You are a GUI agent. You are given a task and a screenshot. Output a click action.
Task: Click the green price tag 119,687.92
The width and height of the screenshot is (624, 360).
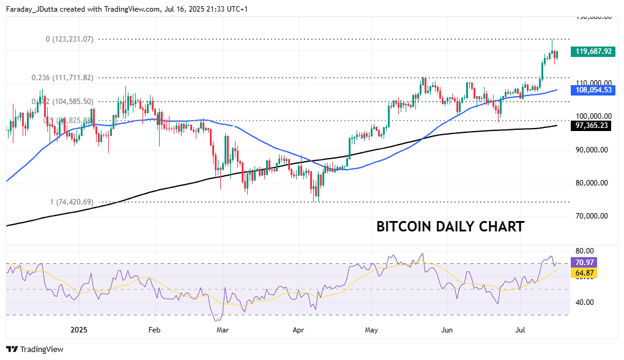[x=593, y=51]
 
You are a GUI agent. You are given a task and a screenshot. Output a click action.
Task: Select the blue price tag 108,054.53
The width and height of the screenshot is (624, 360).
[x=593, y=90]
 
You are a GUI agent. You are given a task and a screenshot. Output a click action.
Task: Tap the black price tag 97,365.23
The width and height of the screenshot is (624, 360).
[x=593, y=125]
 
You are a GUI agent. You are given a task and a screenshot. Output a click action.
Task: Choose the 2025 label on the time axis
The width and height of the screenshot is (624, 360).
[x=80, y=329]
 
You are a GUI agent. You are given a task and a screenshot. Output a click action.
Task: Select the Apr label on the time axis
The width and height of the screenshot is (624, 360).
[x=298, y=329]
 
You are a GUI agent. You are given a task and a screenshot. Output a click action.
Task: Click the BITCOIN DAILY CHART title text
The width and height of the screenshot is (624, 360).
[x=450, y=227]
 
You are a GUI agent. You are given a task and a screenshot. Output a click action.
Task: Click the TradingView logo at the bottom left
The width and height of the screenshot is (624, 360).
[x=35, y=349]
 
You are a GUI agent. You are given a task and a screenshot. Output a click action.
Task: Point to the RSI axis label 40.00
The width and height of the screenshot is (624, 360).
[x=585, y=302]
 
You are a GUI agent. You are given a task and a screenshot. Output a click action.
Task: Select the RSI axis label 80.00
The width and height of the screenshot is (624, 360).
[x=585, y=250]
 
